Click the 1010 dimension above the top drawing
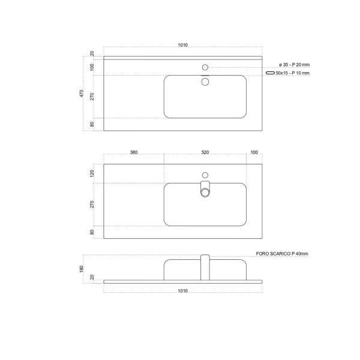click(183, 46)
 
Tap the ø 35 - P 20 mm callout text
click(295, 65)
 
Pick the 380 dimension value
click(134, 152)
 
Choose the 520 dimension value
click(205, 152)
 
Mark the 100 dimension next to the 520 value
click(254, 152)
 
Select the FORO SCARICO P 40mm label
click(282, 254)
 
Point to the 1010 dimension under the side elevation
click(183, 291)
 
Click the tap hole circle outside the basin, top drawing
click(205, 67)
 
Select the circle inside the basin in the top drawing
click(205, 81)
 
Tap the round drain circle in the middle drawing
click(205, 192)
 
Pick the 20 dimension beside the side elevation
click(92, 277)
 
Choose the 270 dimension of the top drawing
click(92, 97)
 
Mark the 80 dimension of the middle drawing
click(92, 232)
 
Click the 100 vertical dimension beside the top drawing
click(92, 67)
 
